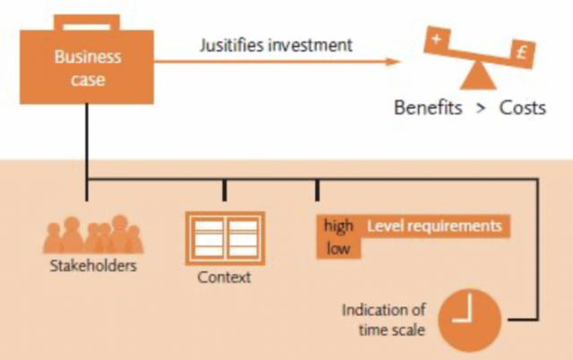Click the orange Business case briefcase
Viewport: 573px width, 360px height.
pos(87,67)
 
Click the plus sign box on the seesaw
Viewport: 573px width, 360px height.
pos(436,40)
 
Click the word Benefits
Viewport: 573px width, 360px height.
pos(428,108)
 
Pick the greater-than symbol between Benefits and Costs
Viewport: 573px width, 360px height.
pos(480,108)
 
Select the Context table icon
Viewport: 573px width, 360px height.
pos(224,237)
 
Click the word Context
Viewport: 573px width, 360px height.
pos(224,278)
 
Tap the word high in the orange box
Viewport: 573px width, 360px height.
pos(339,227)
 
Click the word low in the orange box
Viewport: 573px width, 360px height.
pos(337,248)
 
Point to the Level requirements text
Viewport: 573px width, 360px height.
pos(434,227)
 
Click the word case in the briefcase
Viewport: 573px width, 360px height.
pos(87,80)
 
